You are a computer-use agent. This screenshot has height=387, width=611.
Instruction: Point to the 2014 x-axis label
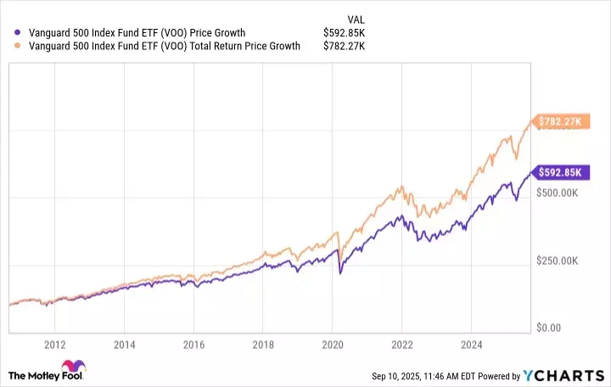point(125,345)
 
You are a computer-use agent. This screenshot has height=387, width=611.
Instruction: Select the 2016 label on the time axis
point(193,345)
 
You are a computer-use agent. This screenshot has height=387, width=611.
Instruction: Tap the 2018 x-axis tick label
point(263,345)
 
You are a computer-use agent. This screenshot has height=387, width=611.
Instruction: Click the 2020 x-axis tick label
point(333,345)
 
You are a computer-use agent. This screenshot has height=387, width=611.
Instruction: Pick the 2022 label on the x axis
point(402,345)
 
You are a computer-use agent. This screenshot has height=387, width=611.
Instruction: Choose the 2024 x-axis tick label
point(472,345)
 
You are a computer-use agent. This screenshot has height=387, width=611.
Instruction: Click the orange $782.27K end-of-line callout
point(558,122)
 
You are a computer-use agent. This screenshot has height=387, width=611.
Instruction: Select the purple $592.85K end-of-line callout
point(558,172)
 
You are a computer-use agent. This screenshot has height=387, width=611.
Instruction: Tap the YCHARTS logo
point(566,375)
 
